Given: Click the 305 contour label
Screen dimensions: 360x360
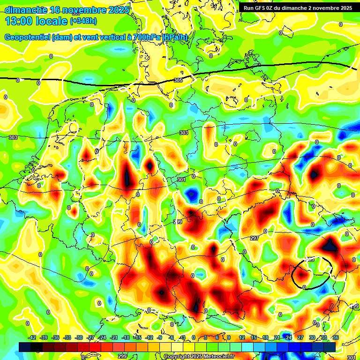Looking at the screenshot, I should (178, 81).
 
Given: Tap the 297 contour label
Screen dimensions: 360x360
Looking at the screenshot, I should (255, 239).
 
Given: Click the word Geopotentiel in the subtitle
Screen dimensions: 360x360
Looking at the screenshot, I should (26, 37).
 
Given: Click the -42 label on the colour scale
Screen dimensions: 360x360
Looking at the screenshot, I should (33, 338).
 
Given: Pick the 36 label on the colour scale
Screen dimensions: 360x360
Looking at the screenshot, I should (335, 338).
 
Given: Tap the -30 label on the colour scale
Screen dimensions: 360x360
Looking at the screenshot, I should (79, 338).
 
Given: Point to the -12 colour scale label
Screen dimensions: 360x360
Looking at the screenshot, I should (150, 338).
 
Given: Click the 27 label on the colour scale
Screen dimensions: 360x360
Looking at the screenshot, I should (300, 338).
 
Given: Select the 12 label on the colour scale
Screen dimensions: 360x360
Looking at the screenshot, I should (242, 338).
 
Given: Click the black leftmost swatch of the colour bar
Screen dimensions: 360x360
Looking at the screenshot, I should (25, 346).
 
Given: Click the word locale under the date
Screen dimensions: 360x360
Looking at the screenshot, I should (54, 21).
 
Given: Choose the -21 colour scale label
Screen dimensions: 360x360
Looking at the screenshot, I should (114, 338).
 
